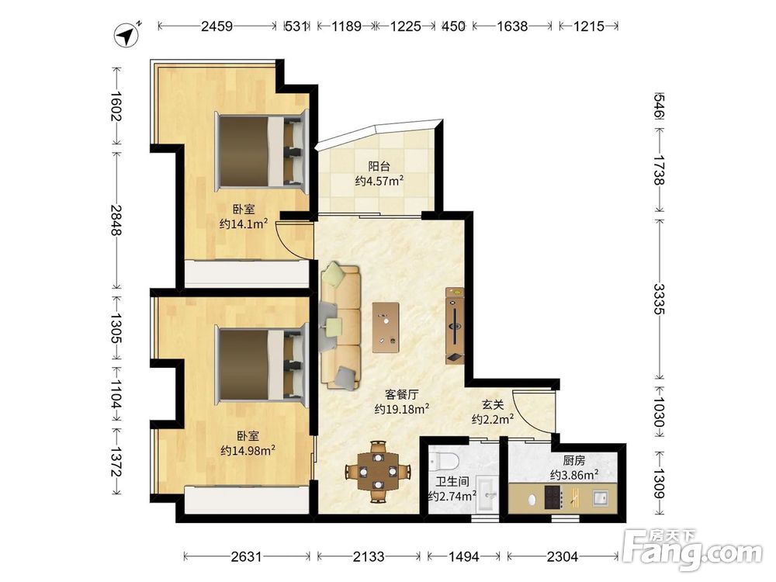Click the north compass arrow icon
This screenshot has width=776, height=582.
coord(126,35)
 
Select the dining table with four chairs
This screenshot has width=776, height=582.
coord(378,471)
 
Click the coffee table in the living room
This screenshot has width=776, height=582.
coord(386,327)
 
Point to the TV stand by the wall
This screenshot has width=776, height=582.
coord(455,326)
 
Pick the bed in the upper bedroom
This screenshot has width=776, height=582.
coord(262,151)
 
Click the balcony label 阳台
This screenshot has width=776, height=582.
coord(379,166)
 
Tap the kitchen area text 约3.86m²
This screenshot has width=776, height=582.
coord(574,475)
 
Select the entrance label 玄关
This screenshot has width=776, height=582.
coord(493,405)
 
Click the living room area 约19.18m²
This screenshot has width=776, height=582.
coord(401,409)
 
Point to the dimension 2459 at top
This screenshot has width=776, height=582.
coord(217,26)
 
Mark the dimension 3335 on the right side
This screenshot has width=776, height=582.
coord(659,299)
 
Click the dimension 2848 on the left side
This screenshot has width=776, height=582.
coord(116,220)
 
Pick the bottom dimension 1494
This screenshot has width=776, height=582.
coord(463,556)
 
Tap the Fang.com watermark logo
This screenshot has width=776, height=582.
coord(692,549)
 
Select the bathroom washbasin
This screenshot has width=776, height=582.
coord(488,495)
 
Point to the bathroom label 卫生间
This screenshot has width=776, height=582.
coord(452,480)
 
